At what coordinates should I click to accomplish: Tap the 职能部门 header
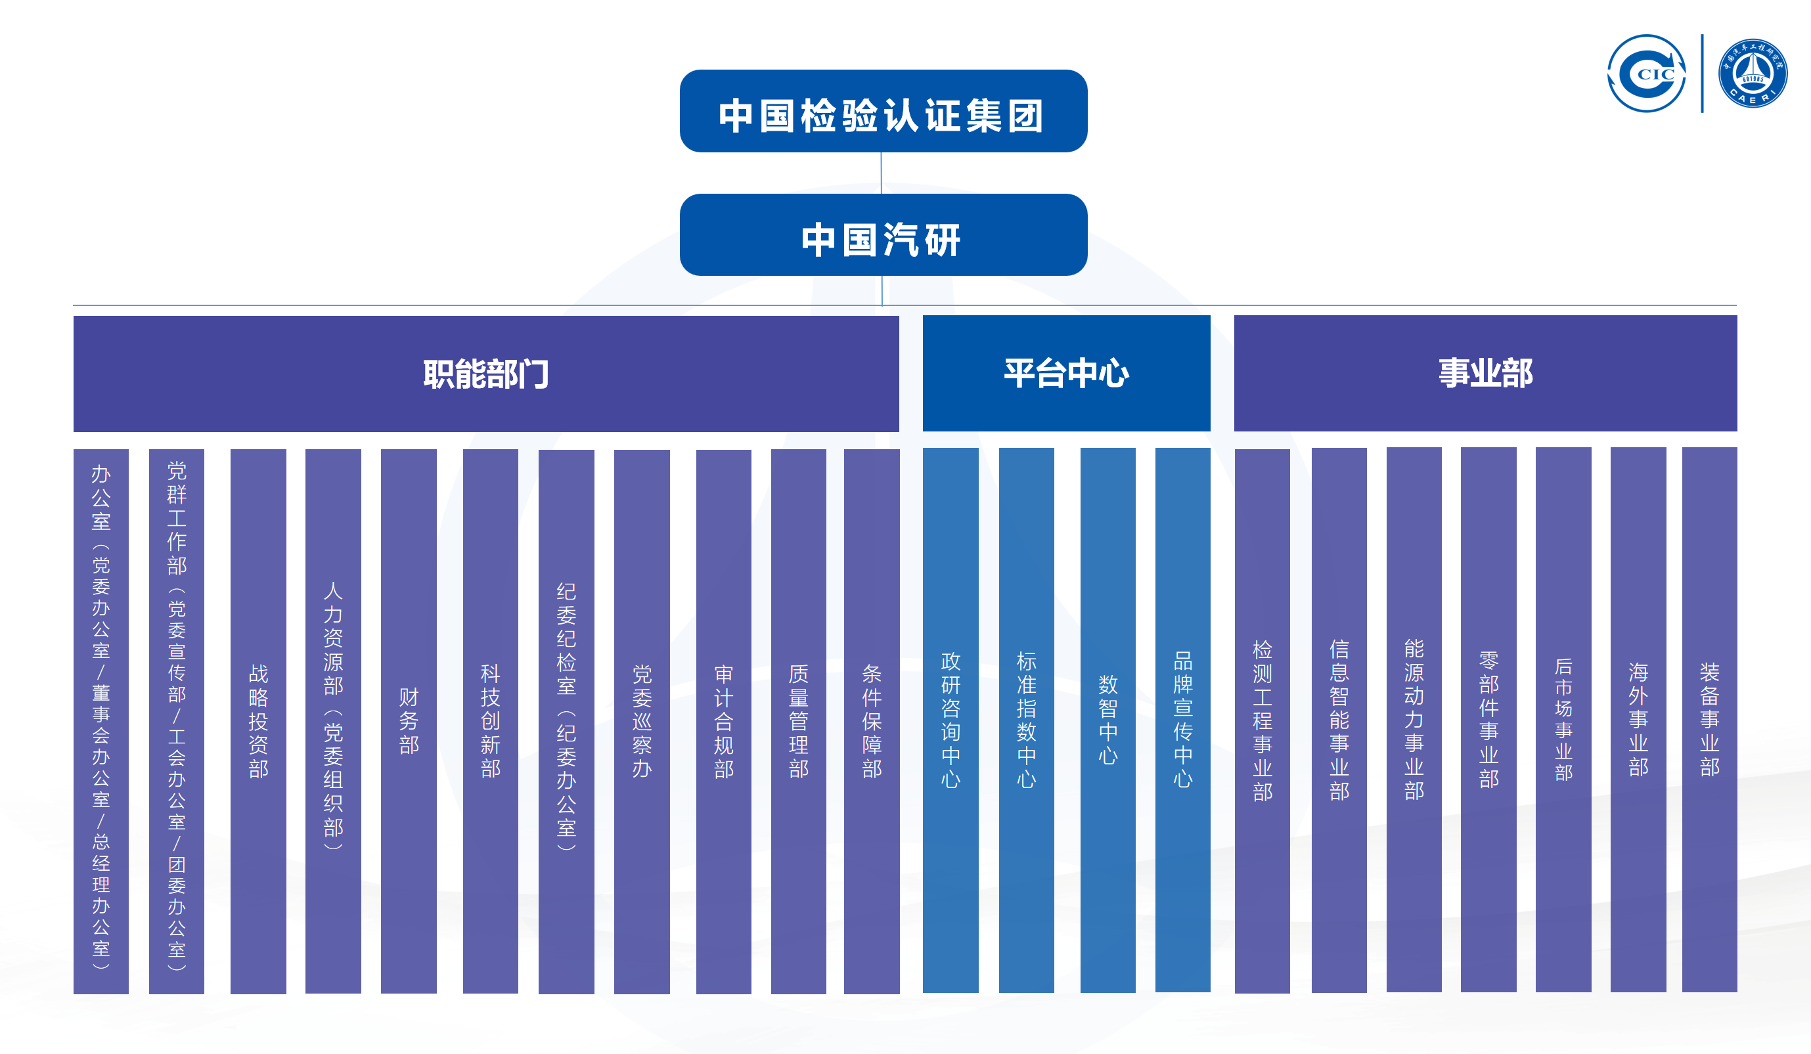(x=486, y=374)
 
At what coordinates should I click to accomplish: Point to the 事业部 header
(x=1485, y=373)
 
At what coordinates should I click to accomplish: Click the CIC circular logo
(x=1646, y=74)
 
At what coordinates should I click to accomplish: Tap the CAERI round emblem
(x=1752, y=74)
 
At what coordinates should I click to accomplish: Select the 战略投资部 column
(x=258, y=720)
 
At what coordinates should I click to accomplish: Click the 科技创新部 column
(x=490, y=720)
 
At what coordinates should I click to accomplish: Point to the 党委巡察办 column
(x=642, y=720)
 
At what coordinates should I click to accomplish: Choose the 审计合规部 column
(x=724, y=720)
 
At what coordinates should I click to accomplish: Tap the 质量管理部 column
(x=798, y=720)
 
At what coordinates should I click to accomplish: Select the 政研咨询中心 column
(x=950, y=720)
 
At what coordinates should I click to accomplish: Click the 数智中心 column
(x=1107, y=720)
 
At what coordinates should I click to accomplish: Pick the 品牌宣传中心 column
(x=1182, y=720)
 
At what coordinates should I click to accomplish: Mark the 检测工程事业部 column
(x=1262, y=720)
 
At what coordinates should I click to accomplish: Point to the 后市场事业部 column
(x=1563, y=720)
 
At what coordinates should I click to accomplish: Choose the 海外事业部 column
(x=1638, y=720)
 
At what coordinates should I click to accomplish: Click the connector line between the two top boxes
(x=881, y=173)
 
